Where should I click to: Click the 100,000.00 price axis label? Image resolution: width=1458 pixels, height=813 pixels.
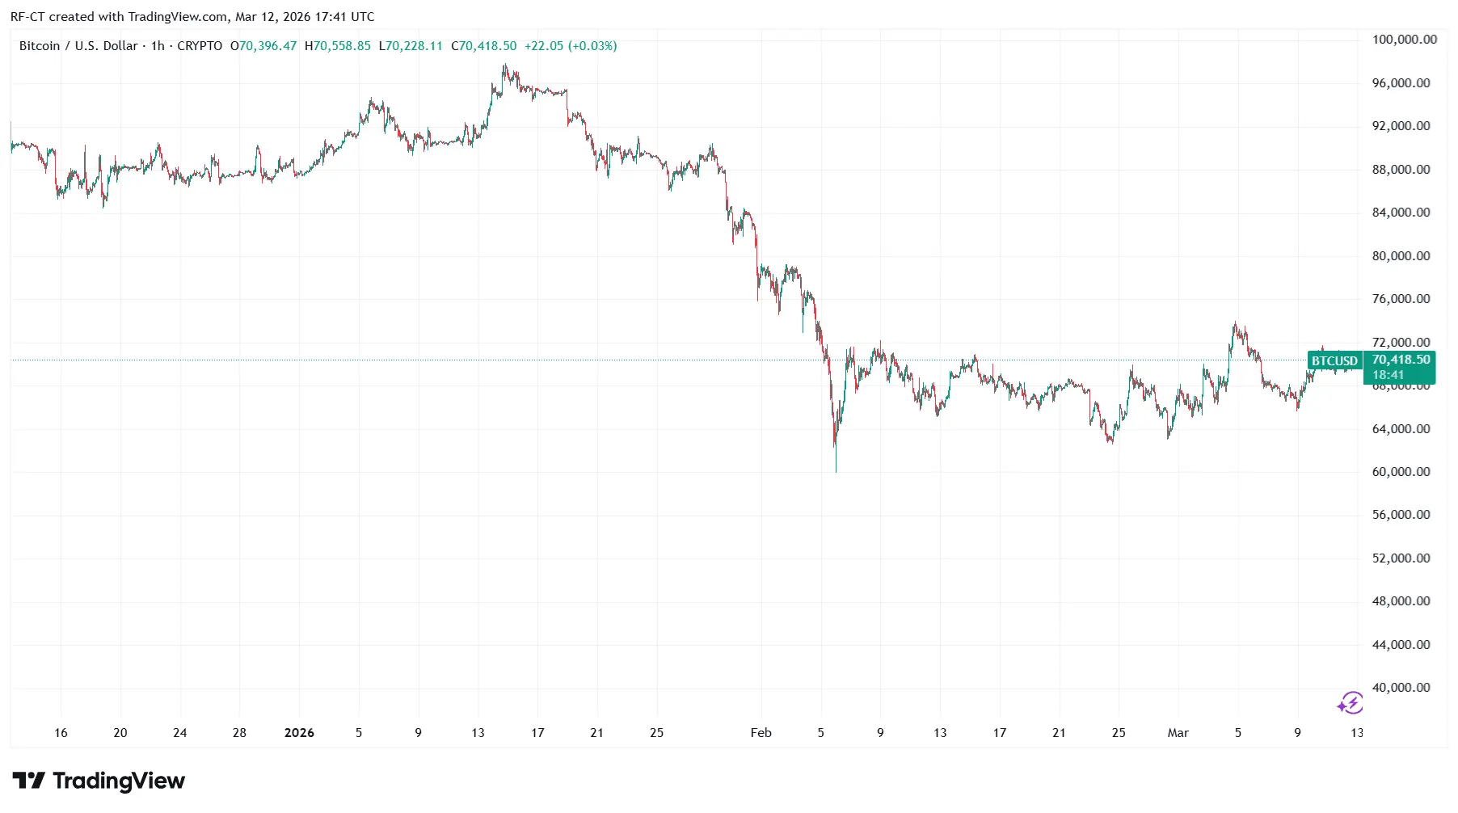point(1405,40)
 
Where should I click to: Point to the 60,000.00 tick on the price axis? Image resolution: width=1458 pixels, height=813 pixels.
point(1401,472)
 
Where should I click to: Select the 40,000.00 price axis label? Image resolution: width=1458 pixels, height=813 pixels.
point(1401,688)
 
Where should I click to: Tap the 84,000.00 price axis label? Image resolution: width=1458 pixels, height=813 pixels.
point(1401,213)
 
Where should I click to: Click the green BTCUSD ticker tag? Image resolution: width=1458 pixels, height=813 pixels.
point(1334,361)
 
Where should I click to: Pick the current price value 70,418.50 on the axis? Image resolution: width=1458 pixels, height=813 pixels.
point(1401,360)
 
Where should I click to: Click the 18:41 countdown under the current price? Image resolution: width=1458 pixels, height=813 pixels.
point(1388,375)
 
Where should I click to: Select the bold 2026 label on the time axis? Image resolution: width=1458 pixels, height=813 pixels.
point(299,733)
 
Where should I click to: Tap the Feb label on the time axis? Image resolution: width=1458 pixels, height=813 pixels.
point(761,733)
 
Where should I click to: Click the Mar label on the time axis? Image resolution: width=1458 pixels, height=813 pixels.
point(1178,733)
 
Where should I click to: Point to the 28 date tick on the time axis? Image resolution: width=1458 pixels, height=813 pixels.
point(239,733)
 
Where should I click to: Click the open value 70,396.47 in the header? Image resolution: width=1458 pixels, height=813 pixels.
point(268,46)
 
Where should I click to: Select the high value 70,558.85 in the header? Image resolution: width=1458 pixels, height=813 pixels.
point(342,46)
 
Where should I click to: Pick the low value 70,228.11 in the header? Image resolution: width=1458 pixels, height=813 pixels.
point(414,46)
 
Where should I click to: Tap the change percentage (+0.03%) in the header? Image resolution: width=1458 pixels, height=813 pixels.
point(592,46)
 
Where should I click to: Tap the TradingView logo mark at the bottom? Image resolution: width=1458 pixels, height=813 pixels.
point(29,781)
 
